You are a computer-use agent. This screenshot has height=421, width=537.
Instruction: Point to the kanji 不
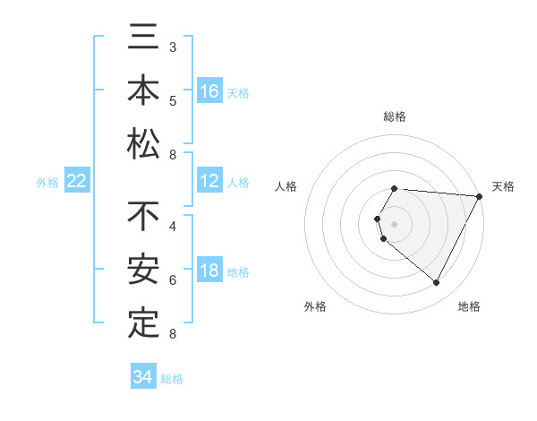(x=143, y=217)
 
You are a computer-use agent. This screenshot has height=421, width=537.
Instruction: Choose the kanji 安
(x=143, y=270)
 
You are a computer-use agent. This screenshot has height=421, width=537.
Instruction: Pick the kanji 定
(x=143, y=322)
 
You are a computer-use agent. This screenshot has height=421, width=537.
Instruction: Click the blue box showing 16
(x=209, y=91)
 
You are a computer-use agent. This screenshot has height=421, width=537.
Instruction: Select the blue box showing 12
(x=209, y=182)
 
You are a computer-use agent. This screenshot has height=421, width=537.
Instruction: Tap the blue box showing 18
(x=209, y=271)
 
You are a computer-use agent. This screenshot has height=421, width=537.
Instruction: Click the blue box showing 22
(x=77, y=182)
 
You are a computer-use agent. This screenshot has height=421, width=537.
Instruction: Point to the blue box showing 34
(x=143, y=377)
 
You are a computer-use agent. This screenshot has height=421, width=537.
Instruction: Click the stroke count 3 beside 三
(x=173, y=47)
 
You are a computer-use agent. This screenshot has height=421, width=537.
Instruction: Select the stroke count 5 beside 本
(x=173, y=100)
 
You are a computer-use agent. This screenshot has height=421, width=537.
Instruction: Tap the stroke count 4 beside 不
(x=173, y=226)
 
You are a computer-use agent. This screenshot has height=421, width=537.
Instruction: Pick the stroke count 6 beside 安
(x=173, y=279)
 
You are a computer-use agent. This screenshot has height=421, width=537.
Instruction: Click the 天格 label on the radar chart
(x=503, y=186)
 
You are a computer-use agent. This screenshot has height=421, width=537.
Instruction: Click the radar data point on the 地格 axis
(x=437, y=283)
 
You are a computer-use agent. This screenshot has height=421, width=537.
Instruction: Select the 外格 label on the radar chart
(x=314, y=306)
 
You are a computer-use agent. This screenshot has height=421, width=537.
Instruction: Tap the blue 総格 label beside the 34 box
(x=173, y=379)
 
